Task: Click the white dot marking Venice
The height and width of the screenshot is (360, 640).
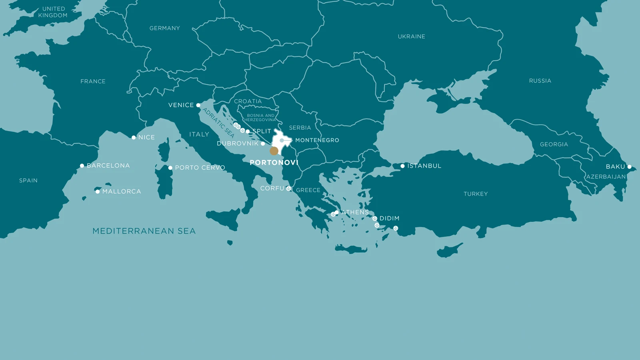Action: (198, 105)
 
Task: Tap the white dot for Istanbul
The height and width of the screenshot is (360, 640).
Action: (402, 166)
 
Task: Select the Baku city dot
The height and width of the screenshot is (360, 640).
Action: (629, 167)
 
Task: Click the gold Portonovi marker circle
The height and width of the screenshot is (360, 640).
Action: (274, 151)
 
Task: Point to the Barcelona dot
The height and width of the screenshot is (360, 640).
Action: (82, 166)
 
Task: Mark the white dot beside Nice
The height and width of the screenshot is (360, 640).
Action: (134, 138)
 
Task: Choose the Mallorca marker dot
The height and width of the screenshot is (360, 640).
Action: (98, 192)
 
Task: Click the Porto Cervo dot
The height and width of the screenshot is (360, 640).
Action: (170, 168)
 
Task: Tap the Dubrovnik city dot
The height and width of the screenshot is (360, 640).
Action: (263, 144)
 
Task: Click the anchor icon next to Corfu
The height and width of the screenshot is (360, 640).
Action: (288, 188)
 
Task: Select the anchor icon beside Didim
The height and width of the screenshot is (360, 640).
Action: (375, 218)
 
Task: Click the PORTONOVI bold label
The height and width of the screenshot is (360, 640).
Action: (274, 162)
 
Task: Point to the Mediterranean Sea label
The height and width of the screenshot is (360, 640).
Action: (144, 231)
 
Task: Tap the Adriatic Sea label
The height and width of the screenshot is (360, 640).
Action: (218, 122)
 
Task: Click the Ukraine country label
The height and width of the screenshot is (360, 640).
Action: (411, 36)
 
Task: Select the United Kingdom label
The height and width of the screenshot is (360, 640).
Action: (53, 12)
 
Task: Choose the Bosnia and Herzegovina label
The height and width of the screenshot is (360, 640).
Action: (260, 118)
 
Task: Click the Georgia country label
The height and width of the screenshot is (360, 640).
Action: (554, 144)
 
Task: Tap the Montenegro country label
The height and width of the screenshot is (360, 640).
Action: (317, 140)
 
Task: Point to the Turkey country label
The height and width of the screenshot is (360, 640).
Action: (476, 194)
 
